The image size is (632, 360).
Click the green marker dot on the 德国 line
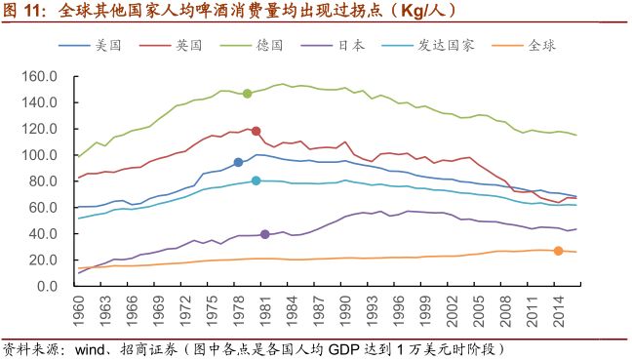[x=247, y=94]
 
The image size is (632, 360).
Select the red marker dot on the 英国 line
[x=256, y=131]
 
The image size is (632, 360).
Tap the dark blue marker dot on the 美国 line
[x=238, y=163]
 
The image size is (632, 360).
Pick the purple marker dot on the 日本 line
[x=265, y=234]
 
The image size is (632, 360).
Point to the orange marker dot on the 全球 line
[x=558, y=251]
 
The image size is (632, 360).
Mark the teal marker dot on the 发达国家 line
[x=257, y=180]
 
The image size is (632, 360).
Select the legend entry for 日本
[x=350, y=45]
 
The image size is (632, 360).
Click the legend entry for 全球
[x=539, y=45]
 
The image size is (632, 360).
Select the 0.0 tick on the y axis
[x=54, y=287]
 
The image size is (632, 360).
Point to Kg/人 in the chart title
[x=364, y=12]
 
